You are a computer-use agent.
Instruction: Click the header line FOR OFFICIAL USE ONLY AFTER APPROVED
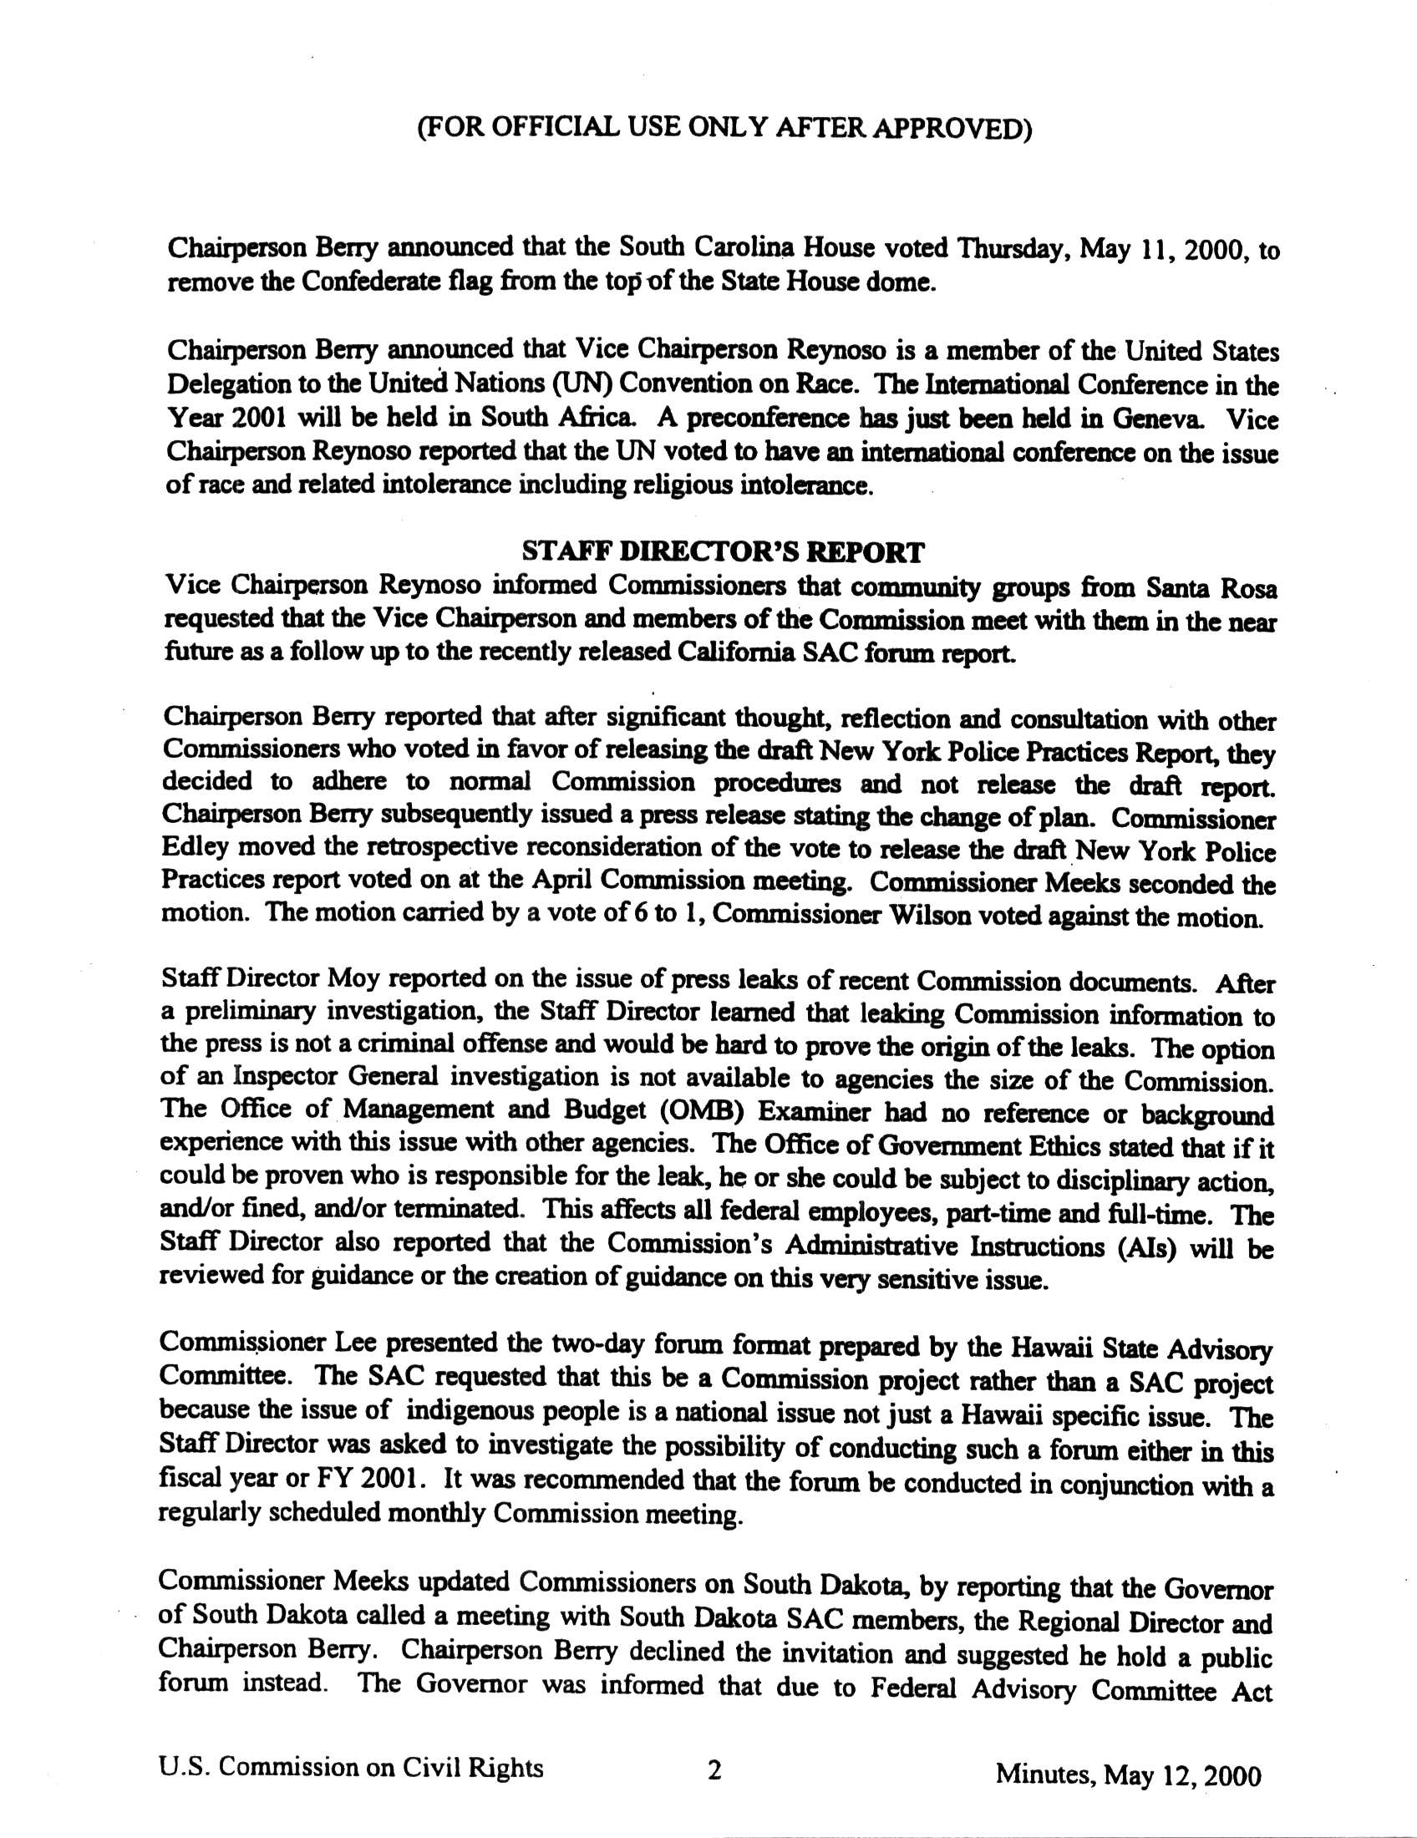724,129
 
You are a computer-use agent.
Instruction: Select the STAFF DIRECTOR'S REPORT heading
723,552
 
